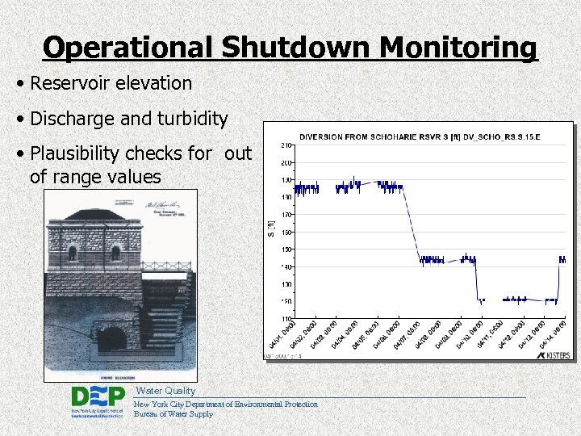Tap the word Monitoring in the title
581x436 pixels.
(x=458, y=48)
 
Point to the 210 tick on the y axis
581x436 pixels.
(x=286, y=146)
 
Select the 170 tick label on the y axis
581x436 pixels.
(x=286, y=215)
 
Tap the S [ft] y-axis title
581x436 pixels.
(x=271, y=230)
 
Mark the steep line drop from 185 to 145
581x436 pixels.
(x=410, y=222)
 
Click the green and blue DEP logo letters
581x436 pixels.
(x=98, y=396)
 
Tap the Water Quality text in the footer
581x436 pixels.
(x=165, y=391)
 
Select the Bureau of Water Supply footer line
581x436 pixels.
(x=173, y=414)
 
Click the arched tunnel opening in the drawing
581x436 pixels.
(x=111, y=337)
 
